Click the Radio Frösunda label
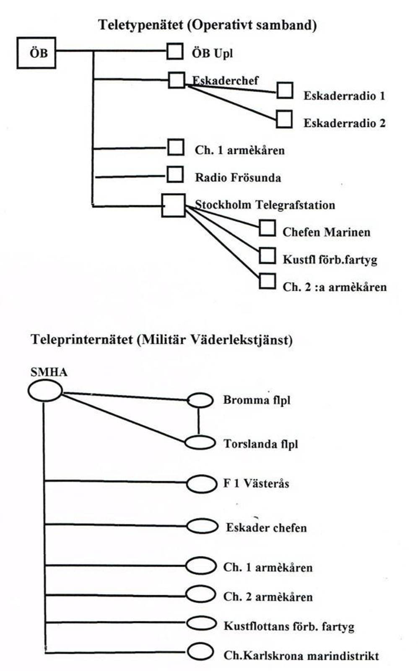coord(238,178)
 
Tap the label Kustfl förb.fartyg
coord(330,260)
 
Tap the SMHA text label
coord(49,372)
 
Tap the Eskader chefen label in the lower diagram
coord(266,528)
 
